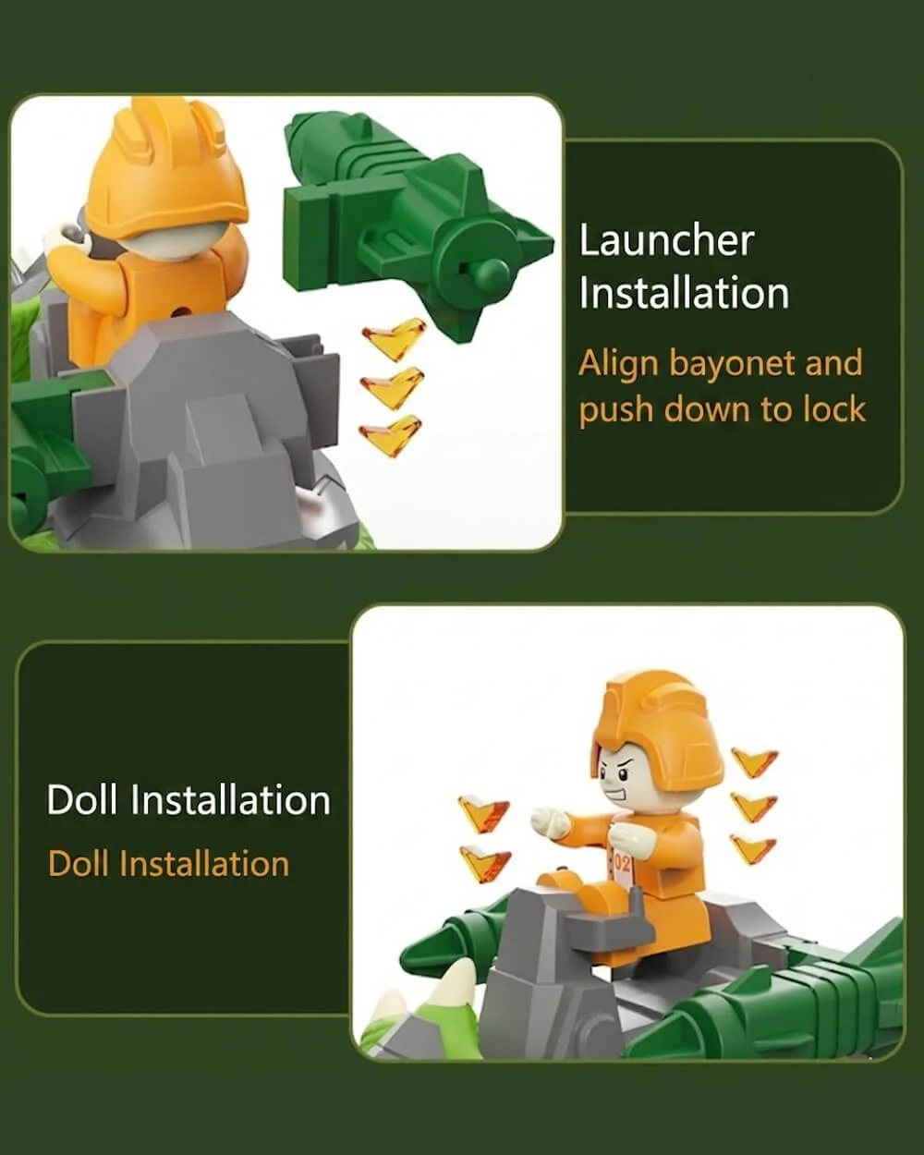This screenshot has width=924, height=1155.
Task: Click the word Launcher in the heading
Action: click(666, 241)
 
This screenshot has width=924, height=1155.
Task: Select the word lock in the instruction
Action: click(834, 409)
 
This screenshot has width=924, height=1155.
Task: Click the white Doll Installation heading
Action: click(188, 800)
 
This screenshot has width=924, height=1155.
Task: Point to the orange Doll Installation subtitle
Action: click(168, 864)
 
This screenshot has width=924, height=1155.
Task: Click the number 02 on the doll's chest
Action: click(622, 863)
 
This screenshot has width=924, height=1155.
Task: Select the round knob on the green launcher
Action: click(492, 273)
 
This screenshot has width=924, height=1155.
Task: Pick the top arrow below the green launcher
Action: click(395, 338)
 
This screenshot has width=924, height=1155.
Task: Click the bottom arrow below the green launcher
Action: click(390, 434)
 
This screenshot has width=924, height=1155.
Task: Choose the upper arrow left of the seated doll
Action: click(483, 813)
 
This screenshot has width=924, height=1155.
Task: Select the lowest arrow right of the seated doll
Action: click(753, 849)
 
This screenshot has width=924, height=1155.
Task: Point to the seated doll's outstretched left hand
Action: click(550, 822)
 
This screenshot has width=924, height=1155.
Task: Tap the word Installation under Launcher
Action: click(684, 293)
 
